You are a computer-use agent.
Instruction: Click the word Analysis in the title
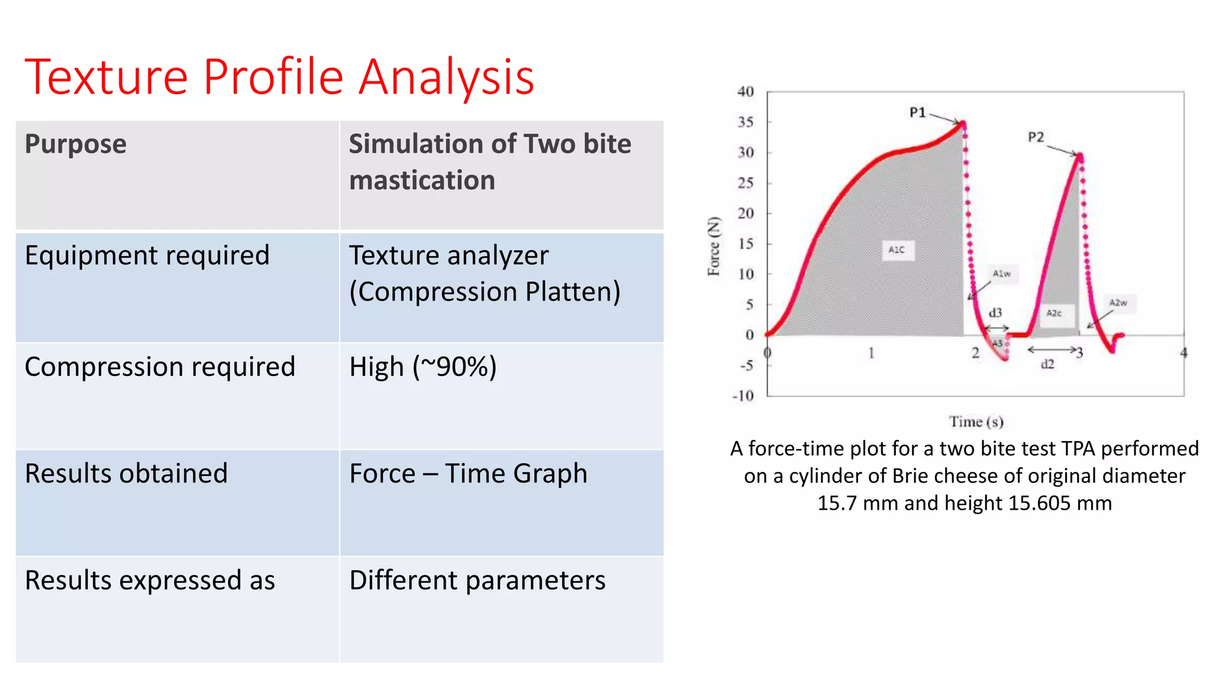coord(446,77)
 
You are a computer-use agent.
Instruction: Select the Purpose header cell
coord(76,144)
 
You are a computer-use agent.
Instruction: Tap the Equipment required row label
coord(147,256)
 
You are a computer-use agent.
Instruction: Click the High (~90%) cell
coord(423,367)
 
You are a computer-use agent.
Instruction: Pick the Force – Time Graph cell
coord(468,474)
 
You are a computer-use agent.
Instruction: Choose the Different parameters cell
coord(477,580)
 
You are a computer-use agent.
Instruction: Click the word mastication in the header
coord(421,181)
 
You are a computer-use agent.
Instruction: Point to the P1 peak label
coord(917,112)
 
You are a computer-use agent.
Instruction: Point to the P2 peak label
coord(1036,137)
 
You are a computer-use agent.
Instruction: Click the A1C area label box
coord(897,250)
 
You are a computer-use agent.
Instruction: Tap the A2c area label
coord(1054,313)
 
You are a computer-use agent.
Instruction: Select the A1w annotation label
coord(1001,274)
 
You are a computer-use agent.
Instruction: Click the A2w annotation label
coord(1117,303)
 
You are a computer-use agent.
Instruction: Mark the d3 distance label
coord(995,313)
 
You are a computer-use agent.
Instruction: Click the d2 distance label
coord(1047,364)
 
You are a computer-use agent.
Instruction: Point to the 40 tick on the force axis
coord(746,92)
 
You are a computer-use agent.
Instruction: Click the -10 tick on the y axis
coord(743,396)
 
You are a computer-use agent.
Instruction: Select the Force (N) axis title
coord(714,246)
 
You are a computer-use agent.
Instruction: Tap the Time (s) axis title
coord(976,422)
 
